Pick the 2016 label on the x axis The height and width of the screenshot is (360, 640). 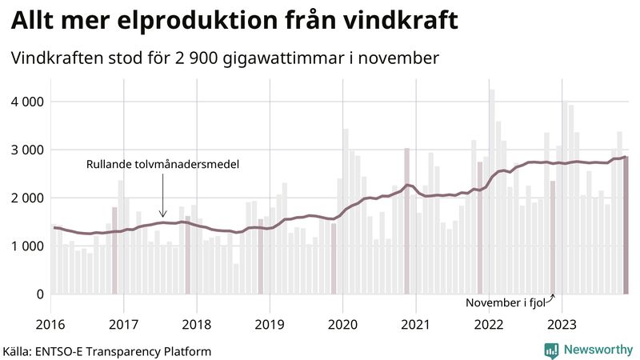pos(50,323)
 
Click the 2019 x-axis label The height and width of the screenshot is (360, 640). pos(270,323)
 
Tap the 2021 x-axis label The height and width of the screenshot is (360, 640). pos(416,323)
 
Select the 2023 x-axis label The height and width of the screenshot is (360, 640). pos(562,323)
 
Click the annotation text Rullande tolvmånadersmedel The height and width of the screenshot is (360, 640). pos(163,164)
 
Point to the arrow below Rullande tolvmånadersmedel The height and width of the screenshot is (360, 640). pos(162,196)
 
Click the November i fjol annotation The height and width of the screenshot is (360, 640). pos(510,303)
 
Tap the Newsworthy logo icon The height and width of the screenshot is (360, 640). pos(551,350)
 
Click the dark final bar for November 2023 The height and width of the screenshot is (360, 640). pos(626,225)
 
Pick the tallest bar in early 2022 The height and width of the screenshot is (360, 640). pos(492,191)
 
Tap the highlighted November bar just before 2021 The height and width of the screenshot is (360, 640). pos(406,221)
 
